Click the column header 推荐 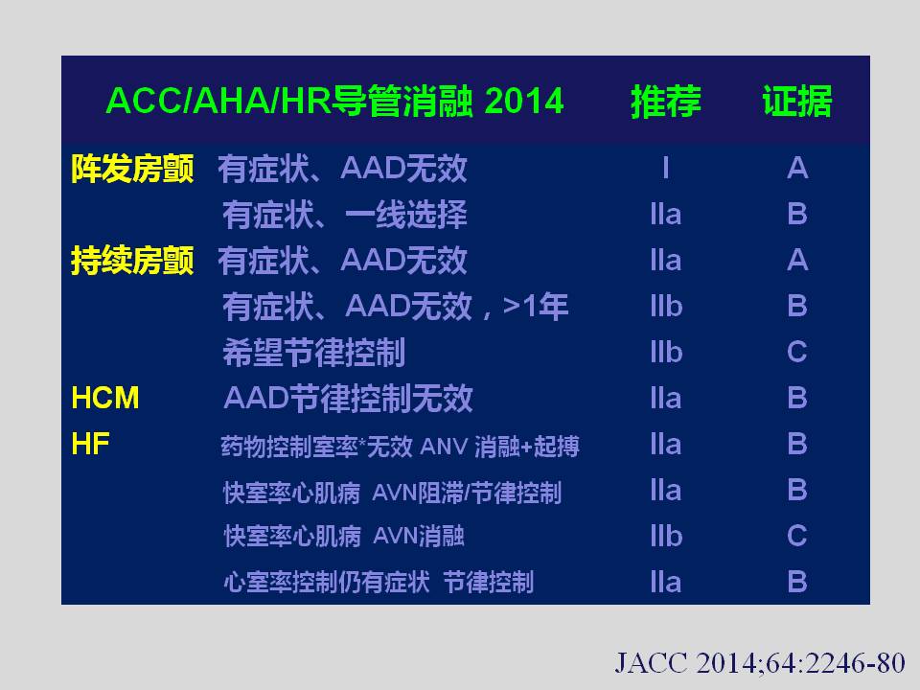tap(666, 101)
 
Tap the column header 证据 tap(797, 101)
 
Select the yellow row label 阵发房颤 tap(132, 169)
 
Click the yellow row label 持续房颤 tap(132, 261)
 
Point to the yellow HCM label tap(105, 398)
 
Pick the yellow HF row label tap(90, 444)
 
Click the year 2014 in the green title tap(524, 101)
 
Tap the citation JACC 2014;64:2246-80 tap(760, 663)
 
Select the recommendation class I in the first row tap(666, 169)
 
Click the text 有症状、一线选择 tap(345, 215)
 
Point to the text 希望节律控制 tap(314, 353)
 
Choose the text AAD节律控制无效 tap(348, 399)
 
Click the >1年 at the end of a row tap(536, 307)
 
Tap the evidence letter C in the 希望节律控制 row tap(797, 352)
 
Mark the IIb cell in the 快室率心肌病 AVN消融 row tap(666, 536)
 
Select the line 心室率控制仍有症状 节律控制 tap(379, 582)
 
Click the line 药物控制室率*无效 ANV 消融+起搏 tap(401, 447)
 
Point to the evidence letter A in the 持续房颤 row tap(797, 260)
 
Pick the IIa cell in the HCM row tap(666, 398)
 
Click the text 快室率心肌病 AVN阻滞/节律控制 tap(393, 493)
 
